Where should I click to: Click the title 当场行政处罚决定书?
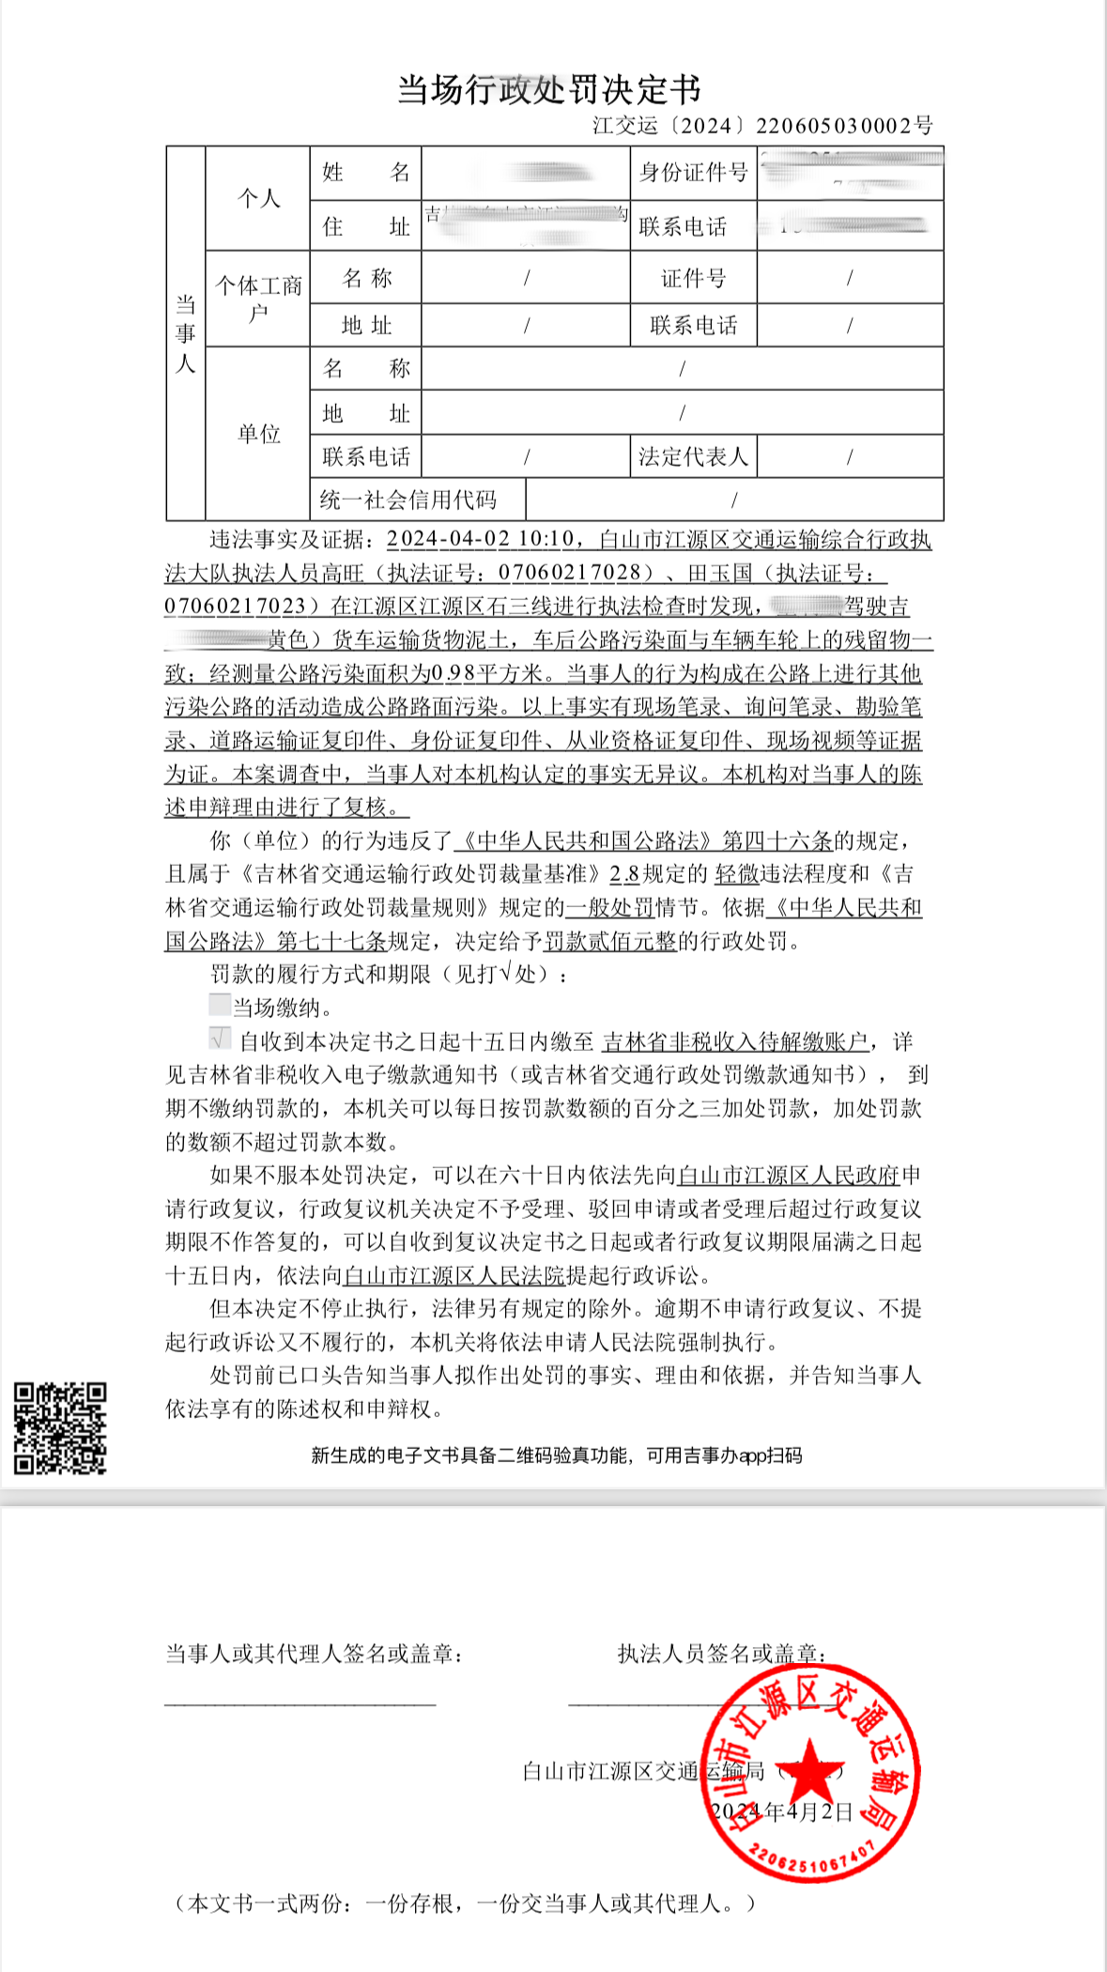[x=549, y=90]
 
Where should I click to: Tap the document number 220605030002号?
[x=844, y=126]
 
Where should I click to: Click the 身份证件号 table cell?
[x=693, y=173]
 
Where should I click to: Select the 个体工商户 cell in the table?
[x=258, y=298]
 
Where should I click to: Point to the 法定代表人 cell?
[x=693, y=457]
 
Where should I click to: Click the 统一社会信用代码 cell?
[x=408, y=500]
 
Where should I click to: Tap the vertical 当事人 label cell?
[x=186, y=333]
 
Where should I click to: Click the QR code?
[x=60, y=1427]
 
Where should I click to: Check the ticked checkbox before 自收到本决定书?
[x=220, y=1039]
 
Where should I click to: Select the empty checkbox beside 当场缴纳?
[x=220, y=1006]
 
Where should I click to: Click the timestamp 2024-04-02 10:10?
[x=480, y=540]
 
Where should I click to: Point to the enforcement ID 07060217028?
[x=575, y=573]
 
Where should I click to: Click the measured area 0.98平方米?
[x=487, y=673]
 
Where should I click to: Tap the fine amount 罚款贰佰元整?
[x=610, y=941]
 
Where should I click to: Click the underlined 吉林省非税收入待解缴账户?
[x=735, y=1041]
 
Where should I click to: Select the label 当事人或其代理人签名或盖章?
[x=314, y=1654]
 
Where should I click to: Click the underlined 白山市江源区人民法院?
[x=454, y=1275]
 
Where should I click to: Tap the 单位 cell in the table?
[x=258, y=434]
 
